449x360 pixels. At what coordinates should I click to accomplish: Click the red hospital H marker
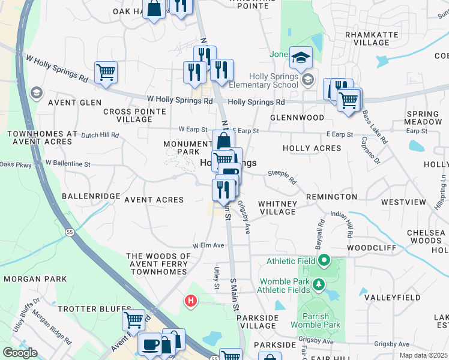point(191,301)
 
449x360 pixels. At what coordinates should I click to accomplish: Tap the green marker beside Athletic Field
point(324,260)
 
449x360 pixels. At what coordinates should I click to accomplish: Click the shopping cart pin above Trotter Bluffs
point(133,319)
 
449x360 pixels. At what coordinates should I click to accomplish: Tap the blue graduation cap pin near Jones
point(301,58)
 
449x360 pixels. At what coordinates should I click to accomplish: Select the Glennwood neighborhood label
point(297,118)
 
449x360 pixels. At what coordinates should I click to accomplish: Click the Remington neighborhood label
point(331,197)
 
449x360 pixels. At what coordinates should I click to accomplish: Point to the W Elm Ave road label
point(208,245)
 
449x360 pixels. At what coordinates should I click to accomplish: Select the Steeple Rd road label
point(282,176)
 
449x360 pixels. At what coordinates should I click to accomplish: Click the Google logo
point(20,353)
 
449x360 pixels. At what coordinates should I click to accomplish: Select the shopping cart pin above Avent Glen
point(106,73)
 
